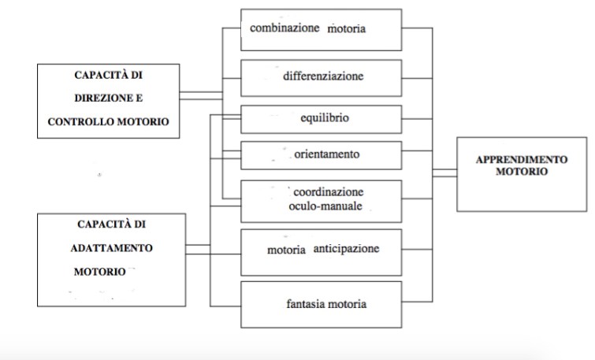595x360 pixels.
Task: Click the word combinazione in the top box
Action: [x=284, y=28]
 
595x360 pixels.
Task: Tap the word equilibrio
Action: [x=325, y=119]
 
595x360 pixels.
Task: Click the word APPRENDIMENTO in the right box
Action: [x=521, y=159]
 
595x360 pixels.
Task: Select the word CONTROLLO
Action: [x=83, y=122]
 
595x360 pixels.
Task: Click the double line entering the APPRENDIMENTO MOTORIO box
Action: [x=444, y=173]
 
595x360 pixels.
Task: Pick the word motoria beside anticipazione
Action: [x=286, y=251]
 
